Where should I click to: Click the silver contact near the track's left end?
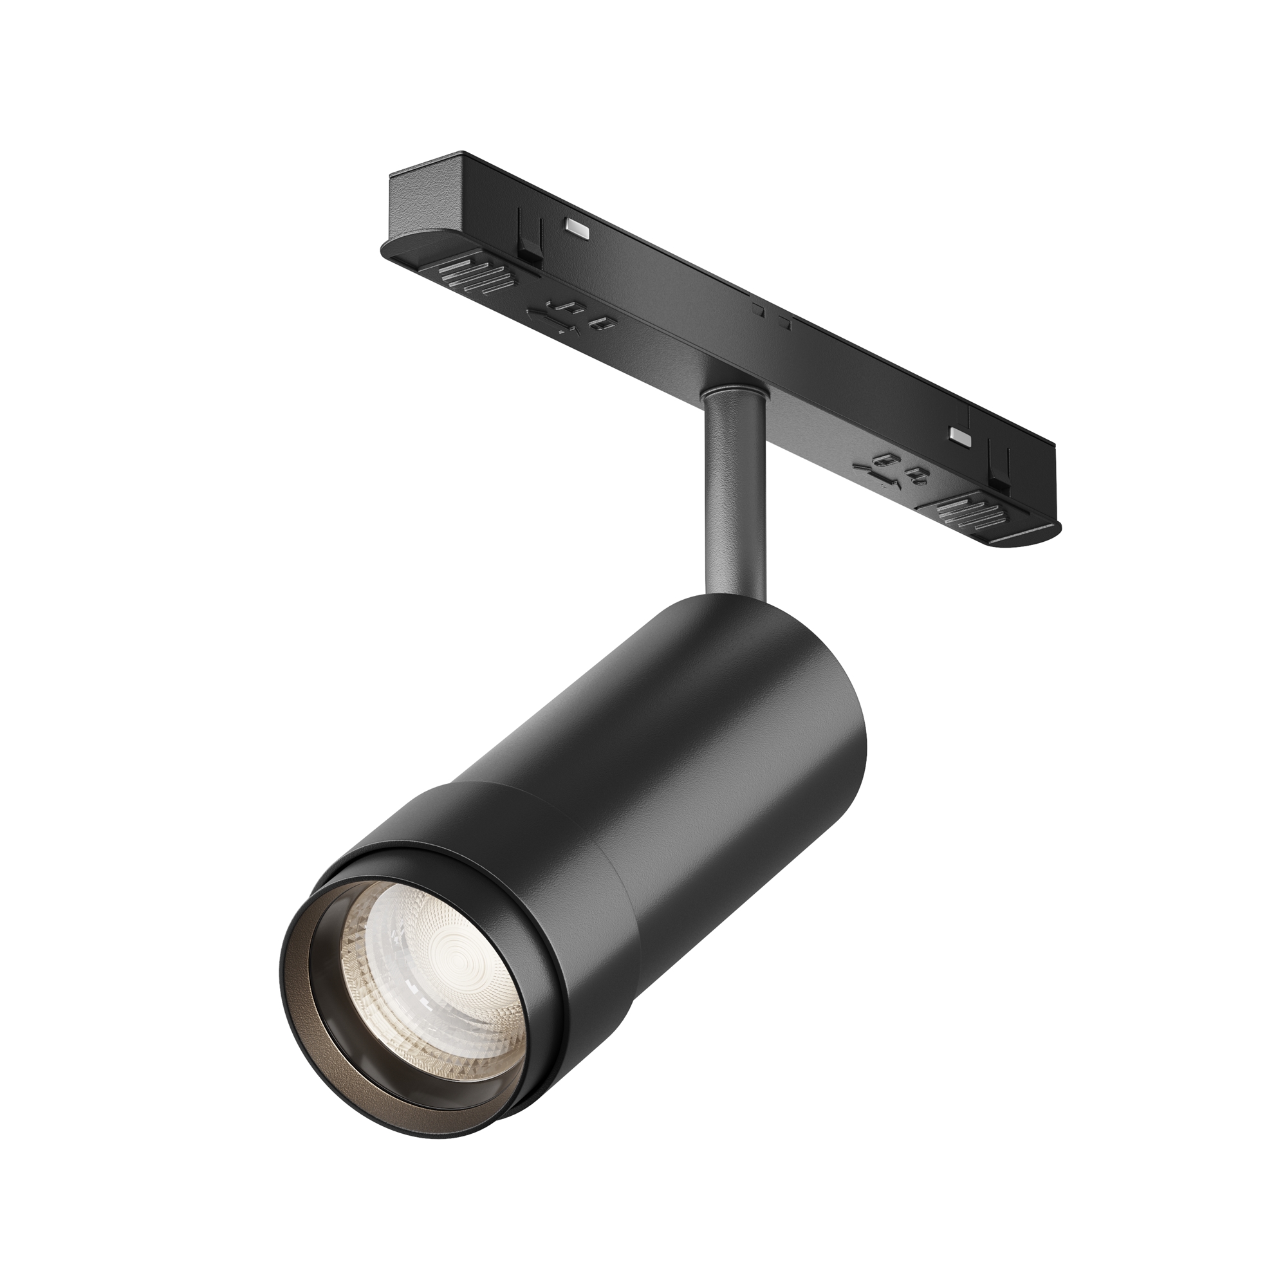pyautogui.click(x=577, y=228)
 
